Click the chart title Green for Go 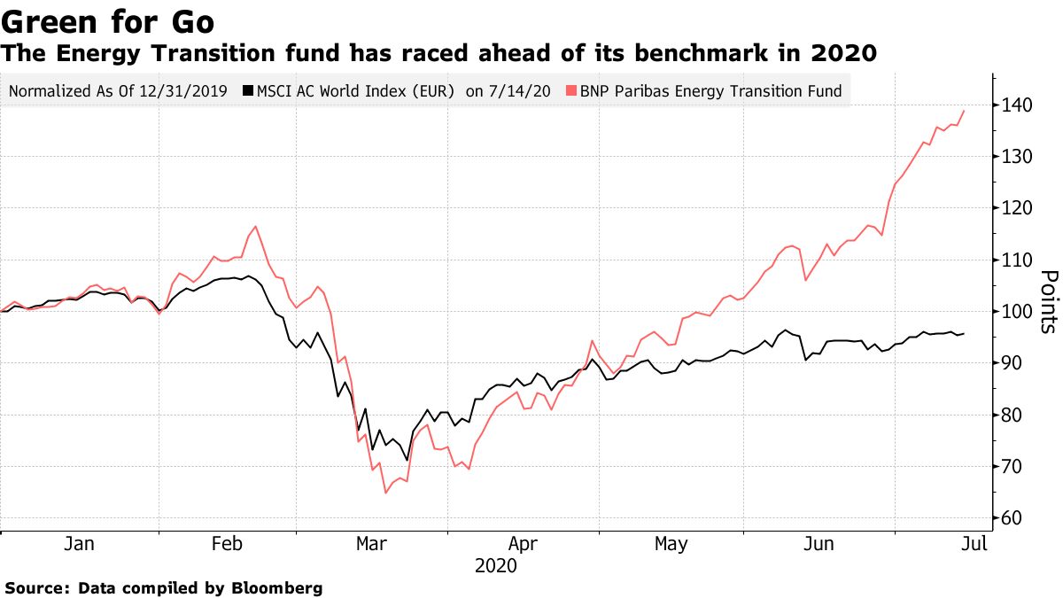[x=107, y=19]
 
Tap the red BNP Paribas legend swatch [x=572, y=90]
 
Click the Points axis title [x=1047, y=301]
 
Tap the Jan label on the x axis [x=80, y=544]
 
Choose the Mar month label [x=372, y=544]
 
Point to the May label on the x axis [x=671, y=544]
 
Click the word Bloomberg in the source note [x=278, y=587]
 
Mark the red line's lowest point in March [x=385, y=493]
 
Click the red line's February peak [x=256, y=227]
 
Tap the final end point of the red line [x=964, y=111]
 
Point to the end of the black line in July [x=964, y=333]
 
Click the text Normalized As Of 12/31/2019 [x=117, y=90]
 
